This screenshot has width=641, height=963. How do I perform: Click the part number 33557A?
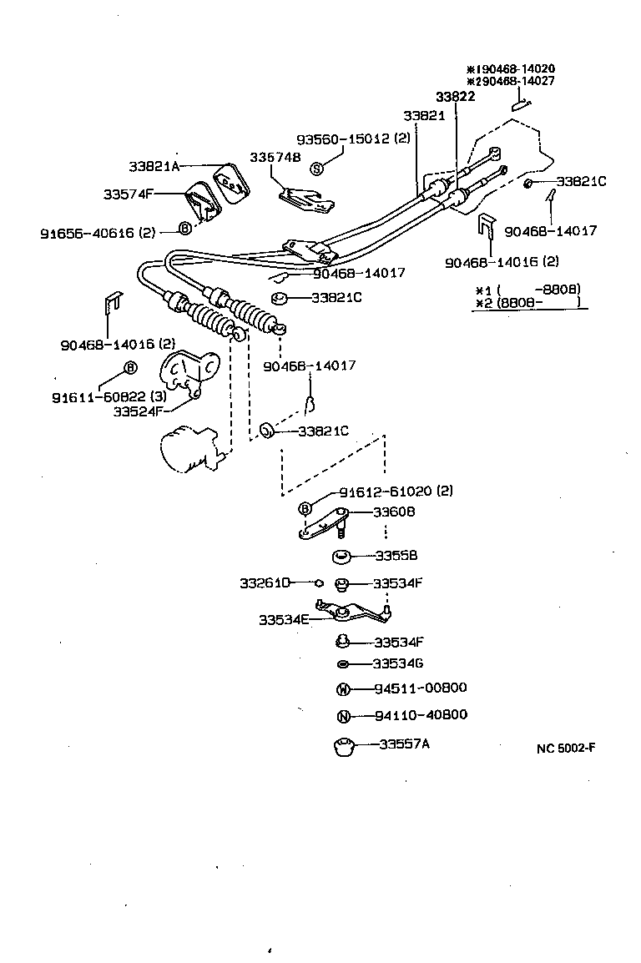click(404, 744)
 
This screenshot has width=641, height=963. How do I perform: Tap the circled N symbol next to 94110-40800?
click(341, 716)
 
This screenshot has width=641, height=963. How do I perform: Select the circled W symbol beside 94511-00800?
click(341, 689)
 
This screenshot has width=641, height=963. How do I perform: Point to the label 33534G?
click(398, 663)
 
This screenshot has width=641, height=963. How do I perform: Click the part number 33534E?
click(284, 619)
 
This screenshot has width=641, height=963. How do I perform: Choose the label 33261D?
click(265, 582)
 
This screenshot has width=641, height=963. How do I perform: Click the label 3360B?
click(394, 512)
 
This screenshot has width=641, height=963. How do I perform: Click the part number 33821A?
click(154, 166)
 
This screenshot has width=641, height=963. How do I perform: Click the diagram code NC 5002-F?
click(566, 748)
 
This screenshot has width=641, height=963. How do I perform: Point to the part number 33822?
click(455, 97)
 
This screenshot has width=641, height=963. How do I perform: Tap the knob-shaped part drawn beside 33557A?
click(343, 745)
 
